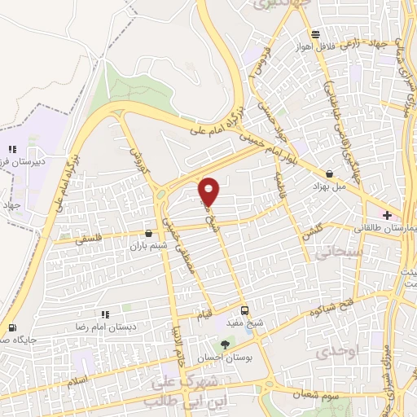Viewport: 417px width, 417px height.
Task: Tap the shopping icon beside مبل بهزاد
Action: (x=329, y=174)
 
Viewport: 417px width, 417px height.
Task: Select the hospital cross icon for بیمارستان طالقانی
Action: (x=388, y=216)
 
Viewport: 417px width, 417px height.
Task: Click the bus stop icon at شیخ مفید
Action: (x=244, y=310)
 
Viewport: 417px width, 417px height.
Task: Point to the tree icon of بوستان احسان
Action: (x=226, y=345)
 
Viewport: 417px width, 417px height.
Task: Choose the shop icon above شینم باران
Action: (x=147, y=233)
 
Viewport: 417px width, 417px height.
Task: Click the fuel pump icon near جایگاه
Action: (x=11, y=328)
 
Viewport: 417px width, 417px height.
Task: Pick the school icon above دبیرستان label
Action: (x=11, y=149)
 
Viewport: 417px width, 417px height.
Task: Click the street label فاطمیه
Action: (x=283, y=178)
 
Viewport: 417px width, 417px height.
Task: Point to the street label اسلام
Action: (x=78, y=380)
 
